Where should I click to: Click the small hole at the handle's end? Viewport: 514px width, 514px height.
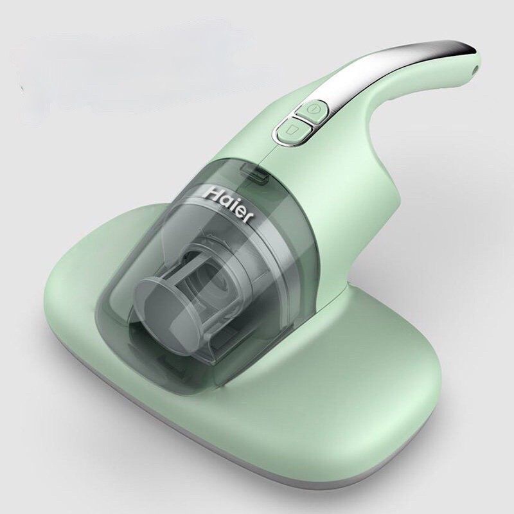tap(475, 69)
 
